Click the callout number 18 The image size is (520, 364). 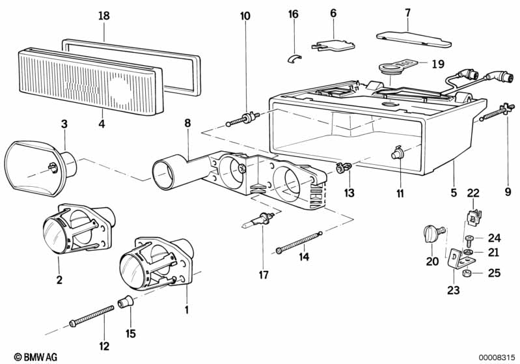(103, 16)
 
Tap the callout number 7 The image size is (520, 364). (407, 12)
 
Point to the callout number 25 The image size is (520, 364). (494, 273)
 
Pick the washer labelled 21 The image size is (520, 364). (469, 252)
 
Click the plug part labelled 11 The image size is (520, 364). (396, 154)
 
